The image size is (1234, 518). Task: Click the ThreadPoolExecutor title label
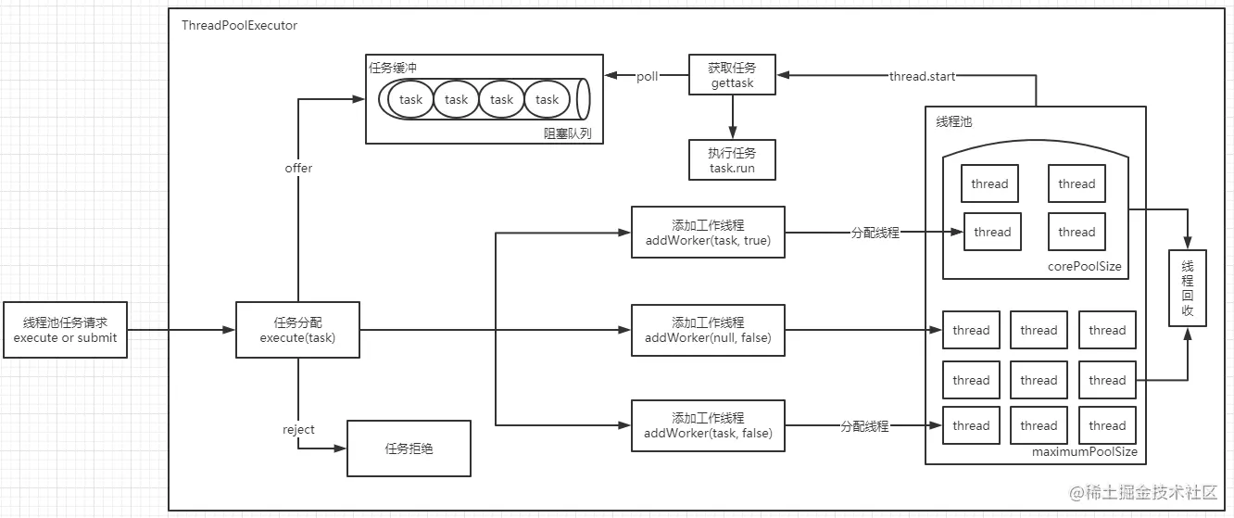[240, 26]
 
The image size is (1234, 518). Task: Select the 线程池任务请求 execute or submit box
[65, 329]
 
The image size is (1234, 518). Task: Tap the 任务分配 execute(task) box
[297, 329]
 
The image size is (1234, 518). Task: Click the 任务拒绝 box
[409, 449]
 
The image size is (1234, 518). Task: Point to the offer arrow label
[298, 168]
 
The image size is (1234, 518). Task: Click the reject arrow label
[298, 429]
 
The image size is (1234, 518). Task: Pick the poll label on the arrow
[647, 76]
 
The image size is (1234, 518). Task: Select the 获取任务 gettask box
[732, 75]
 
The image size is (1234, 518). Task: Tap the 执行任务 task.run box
[732, 159]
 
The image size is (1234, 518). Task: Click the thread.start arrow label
[921, 76]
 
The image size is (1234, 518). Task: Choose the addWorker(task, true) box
[708, 233]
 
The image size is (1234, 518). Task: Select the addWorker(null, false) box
[708, 330]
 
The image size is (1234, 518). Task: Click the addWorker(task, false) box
[708, 425]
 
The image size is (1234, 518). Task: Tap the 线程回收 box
[1188, 288]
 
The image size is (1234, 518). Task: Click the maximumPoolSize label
[1084, 452]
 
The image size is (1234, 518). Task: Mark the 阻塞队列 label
[567, 133]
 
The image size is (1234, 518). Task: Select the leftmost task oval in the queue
[410, 99]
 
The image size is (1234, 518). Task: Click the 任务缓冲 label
[394, 68]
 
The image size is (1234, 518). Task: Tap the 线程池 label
[953, 121]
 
